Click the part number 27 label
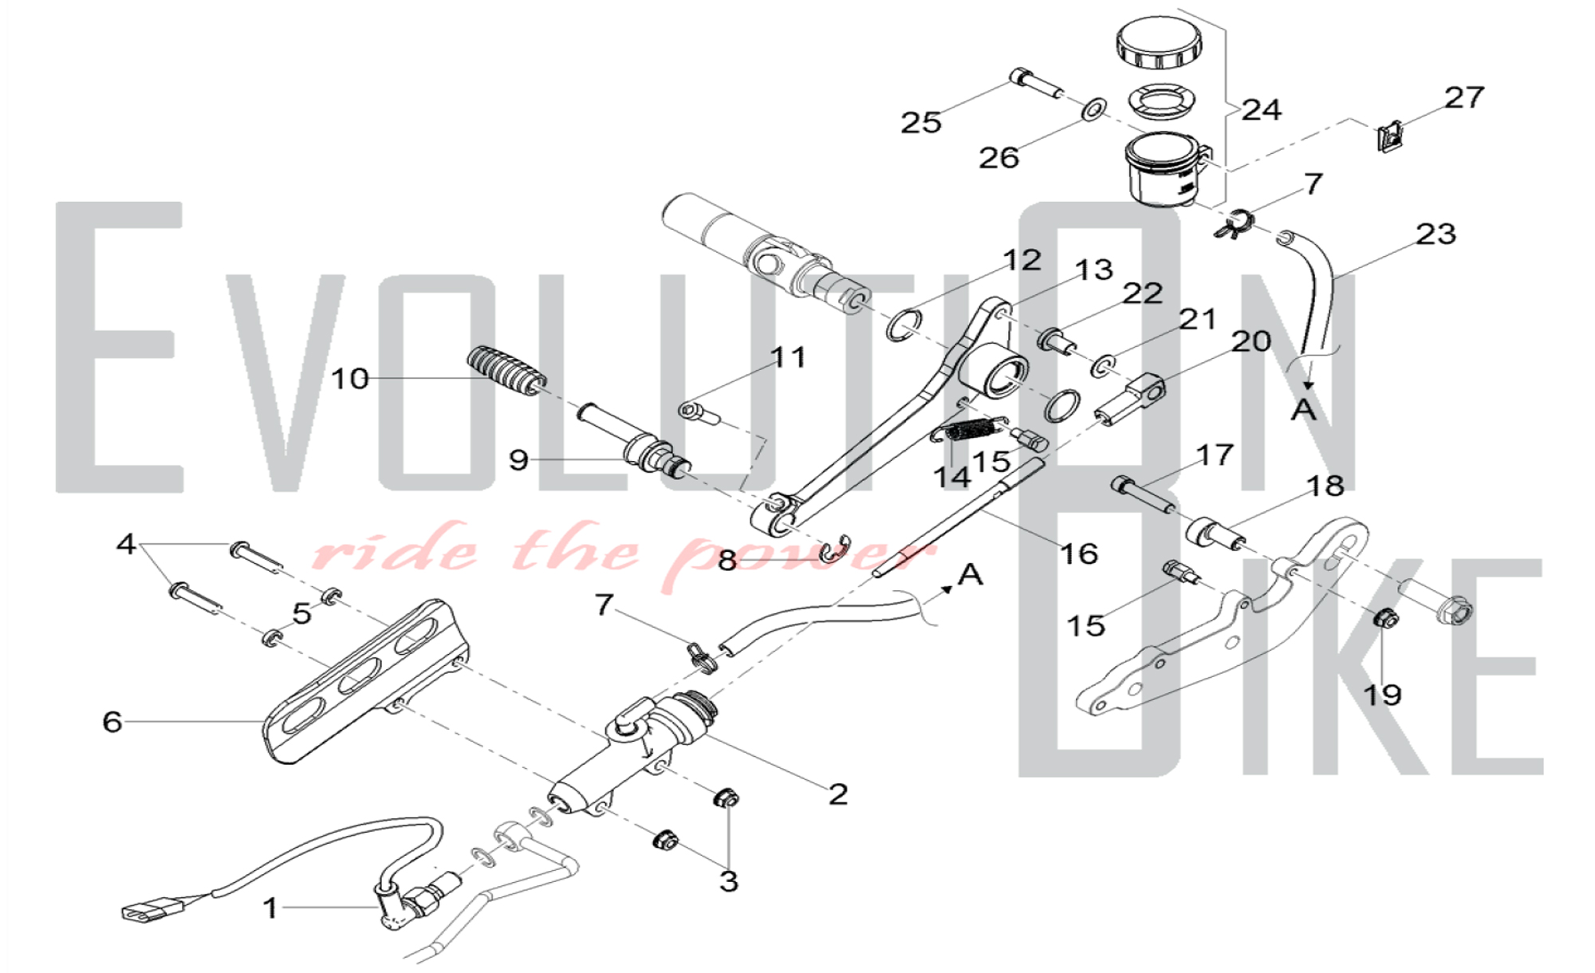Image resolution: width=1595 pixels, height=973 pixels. click(x=1464, y=98)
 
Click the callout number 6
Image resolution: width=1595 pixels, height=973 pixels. click(x=112, y=722)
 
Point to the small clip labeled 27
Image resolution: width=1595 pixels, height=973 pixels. click(x=1389, y=137)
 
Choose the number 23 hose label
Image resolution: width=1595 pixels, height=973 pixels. click(x=1435, y=234)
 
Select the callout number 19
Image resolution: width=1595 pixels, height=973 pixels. click(x=1382, y=695)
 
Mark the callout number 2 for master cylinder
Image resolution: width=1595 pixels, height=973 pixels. click(x=837, y=794)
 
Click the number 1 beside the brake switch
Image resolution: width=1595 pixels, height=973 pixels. click(x=271, y=908)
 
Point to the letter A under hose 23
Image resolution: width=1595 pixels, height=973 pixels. click(x=1304, y=409)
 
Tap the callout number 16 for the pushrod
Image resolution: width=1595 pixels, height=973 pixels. click(x=1078, y=553)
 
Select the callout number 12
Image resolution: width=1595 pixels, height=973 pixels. click(x=1022, y=260)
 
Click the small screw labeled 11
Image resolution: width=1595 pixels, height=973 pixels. click(x=699, y=413)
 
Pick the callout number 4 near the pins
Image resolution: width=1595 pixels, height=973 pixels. click(x=126, y=544)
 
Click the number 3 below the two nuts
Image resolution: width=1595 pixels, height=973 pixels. click(x=728, y=881)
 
